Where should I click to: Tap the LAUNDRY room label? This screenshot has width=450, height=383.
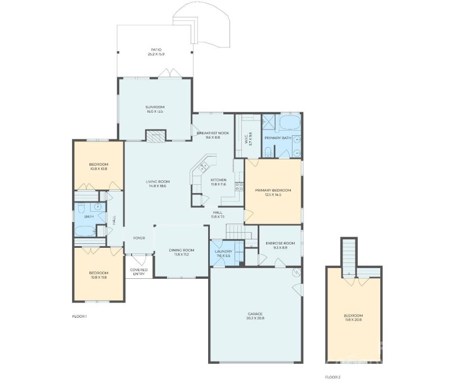tap(223, 251)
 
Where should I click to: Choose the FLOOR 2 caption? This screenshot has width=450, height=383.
tap(333, 376)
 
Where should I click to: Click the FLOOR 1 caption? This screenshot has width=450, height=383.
tap(79, 317)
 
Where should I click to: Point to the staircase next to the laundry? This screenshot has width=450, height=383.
tap(237, 231)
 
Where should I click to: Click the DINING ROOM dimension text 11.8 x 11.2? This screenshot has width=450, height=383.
tap(182, 255)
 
